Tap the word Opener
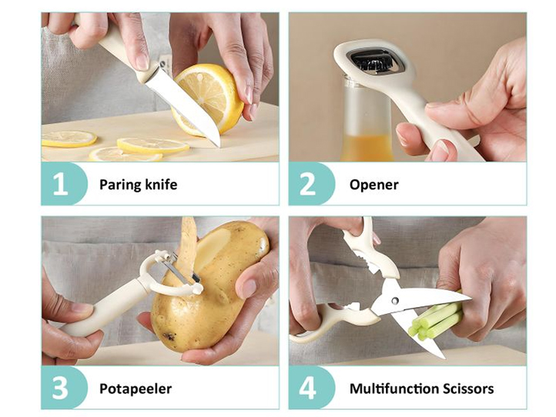coord(374,185)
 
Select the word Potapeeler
coord(136,389)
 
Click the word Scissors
coord(464,389)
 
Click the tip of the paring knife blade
coord(219,146)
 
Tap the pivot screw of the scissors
coord(394,301)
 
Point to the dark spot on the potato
coord(169,336)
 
